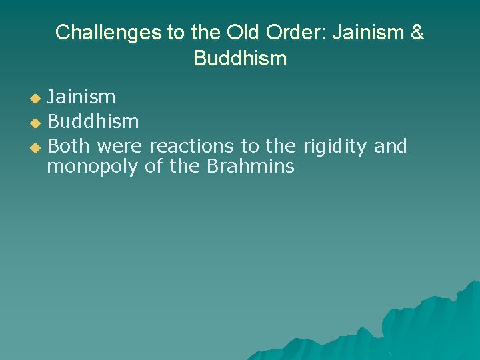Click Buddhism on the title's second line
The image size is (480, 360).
pyautogui.click(x=240, y=58)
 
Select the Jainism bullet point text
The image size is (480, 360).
pyautogui.click(x=81, y=97)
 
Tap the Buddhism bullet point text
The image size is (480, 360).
pyautogui.click(x=93, y=121)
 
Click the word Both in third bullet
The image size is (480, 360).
pyautogui.click(x=69, y=145)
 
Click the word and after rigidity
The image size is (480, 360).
pyautogui.click(x=390, y=145)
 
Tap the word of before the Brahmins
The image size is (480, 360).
pyautogui.click(x=153, y=167)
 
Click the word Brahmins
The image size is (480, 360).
pyautogui.click(x=250, y=167)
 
